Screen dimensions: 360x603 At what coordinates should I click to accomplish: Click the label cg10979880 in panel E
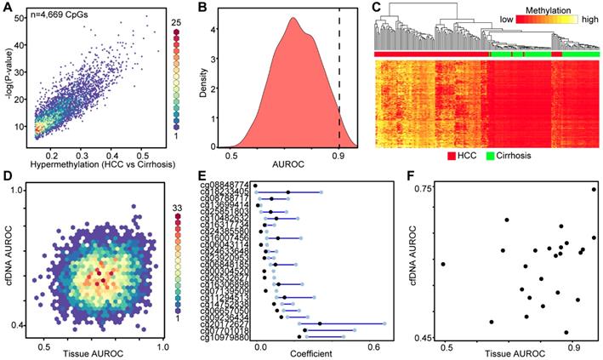[x=226, y=337]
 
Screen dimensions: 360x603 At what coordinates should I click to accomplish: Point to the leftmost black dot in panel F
[x=443, y=264]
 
